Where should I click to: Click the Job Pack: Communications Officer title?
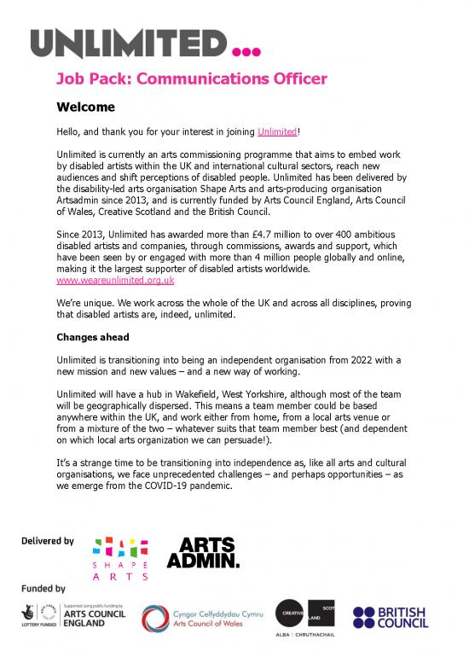point(191,80)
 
